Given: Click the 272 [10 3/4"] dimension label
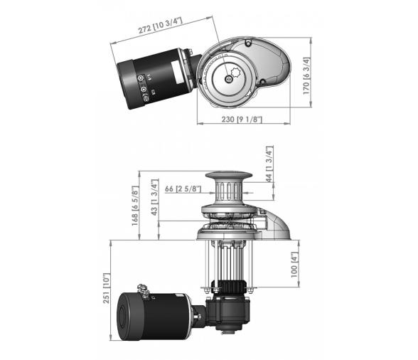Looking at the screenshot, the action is tap(160, 26).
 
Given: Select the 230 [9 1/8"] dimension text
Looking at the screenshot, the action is tap(242, 120).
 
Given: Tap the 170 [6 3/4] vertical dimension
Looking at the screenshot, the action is tap(307, 75).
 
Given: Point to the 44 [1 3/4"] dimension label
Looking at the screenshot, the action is tap(269, 164).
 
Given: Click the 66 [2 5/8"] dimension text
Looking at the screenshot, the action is tap(183, 189).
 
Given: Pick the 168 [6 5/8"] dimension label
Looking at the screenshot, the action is tap(135, 206).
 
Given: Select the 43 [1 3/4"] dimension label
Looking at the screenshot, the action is tap(154, 198).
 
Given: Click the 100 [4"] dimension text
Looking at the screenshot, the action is tap(294, 265).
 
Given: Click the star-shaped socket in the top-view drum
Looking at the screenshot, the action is tap(236, 73).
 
